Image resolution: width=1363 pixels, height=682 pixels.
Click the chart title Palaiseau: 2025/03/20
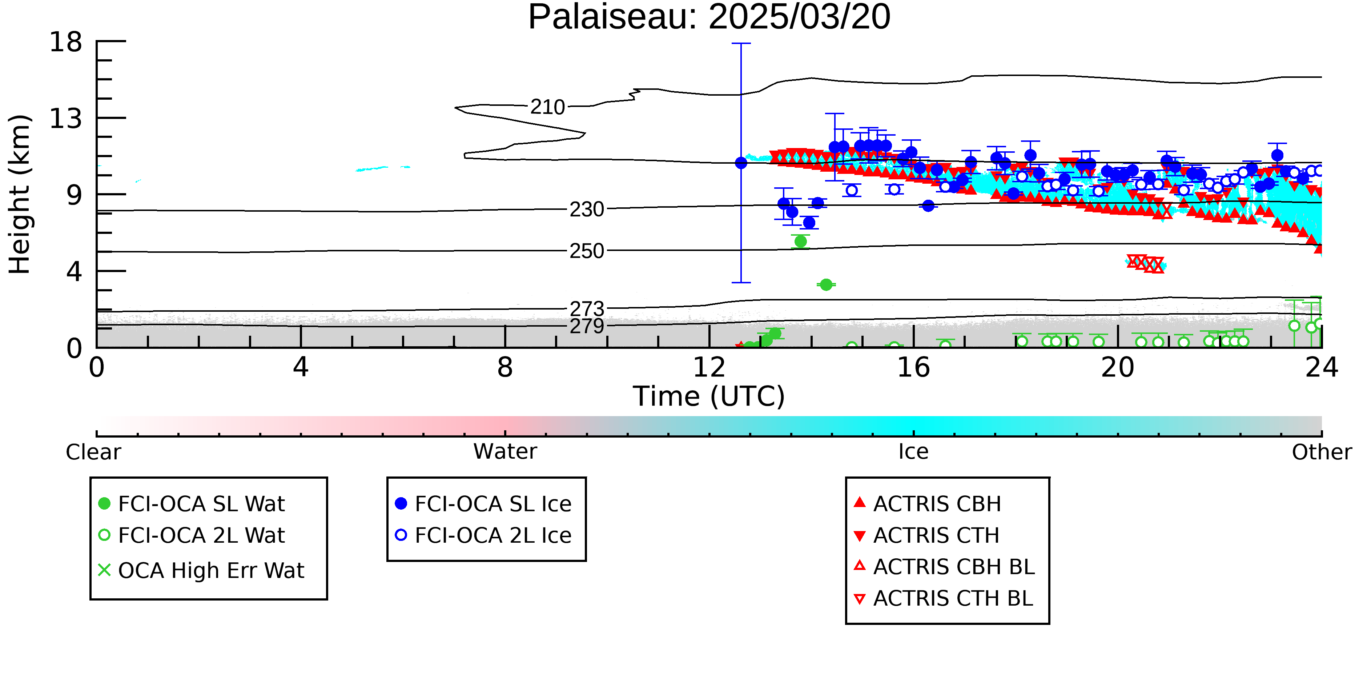coord(709,17)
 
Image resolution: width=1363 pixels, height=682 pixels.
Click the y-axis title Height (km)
coord(20,194)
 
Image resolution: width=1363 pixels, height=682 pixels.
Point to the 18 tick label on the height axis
coord(66,42)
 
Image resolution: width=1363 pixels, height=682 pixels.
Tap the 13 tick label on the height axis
coord(66,119)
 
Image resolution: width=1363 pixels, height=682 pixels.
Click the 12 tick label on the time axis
coord(709,367)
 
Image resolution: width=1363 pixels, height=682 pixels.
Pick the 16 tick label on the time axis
coord(913,367)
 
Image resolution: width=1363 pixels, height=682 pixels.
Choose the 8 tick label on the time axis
coord(505,367)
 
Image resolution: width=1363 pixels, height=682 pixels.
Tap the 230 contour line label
coord(586,210)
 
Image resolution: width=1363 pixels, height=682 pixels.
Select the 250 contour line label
coord(586,251)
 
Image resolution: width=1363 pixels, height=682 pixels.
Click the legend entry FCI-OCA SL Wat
coord(192,503)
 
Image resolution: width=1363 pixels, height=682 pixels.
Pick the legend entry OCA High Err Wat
coord(201,571)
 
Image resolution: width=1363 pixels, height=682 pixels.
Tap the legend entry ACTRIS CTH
coord(926,535)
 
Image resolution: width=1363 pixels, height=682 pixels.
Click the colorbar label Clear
coord(93,452)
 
